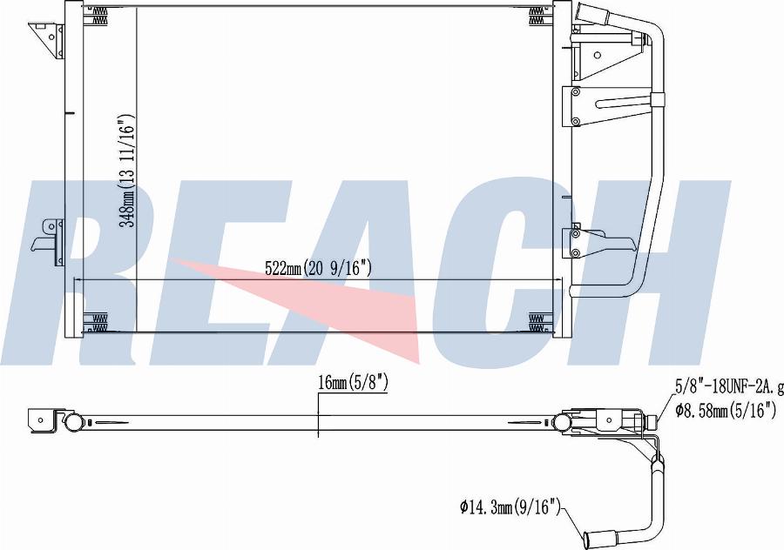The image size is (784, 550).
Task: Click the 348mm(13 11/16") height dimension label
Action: (127, 171)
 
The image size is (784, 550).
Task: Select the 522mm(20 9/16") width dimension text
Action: (318, 269)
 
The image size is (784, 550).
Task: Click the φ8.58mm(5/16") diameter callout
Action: (724, 410)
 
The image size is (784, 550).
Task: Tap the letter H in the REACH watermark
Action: (671, 270)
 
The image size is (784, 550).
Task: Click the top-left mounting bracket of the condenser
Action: (47, 38)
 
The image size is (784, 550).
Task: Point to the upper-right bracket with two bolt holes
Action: (601, 106)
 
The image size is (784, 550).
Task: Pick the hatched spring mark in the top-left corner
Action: (96, 14)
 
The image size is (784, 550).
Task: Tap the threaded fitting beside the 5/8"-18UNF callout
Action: (651, 422)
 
